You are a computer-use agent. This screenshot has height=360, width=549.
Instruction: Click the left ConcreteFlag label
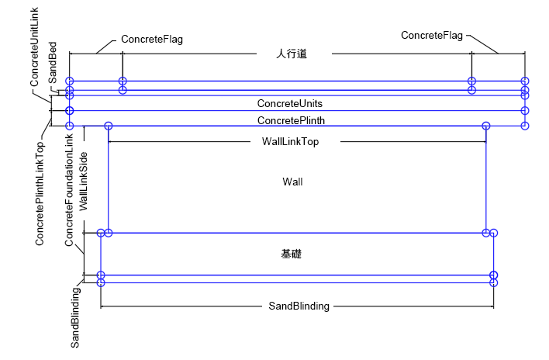pyautogui.click(x=152, y=39)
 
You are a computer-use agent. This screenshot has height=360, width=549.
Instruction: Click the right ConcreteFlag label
pyautogui.click(x=432, y=35)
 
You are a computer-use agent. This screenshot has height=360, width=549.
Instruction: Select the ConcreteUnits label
pyautogui.click(x=290, y=103)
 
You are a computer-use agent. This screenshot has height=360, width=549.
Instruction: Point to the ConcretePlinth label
pyautogui.click(x=291, y=120)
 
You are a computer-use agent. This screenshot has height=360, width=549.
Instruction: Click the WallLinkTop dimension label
pyautogui.click(x=285, y=142)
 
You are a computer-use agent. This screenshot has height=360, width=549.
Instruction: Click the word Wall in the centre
pyautogui.click(x=292, y=182)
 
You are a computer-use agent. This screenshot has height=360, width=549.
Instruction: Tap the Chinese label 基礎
pyautogui.click(x=292, y=254)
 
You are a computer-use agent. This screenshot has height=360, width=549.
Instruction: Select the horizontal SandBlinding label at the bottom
pyautogui.click(x=299, y=306)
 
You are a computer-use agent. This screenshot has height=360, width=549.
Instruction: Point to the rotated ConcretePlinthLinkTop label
pyautogui.click(x=40, y=193)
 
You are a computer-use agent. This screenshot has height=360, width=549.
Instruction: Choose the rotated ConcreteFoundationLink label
pyautogui.click(x=69, y=191)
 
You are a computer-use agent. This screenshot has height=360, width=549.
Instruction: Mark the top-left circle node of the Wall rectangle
pyautogui.click(x=108, y=126)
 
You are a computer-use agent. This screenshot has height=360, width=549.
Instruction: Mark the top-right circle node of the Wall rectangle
pyautogui.click(x=485, y=126)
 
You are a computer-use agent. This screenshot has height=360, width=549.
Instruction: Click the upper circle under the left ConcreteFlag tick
pyautogui.click(x=123, y=81)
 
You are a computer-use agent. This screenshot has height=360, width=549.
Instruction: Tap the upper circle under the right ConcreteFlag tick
pyautogui.click(x=471, y=81)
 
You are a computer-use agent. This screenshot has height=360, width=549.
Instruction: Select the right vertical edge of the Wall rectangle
pyautogui.click(x=485, y=178)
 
